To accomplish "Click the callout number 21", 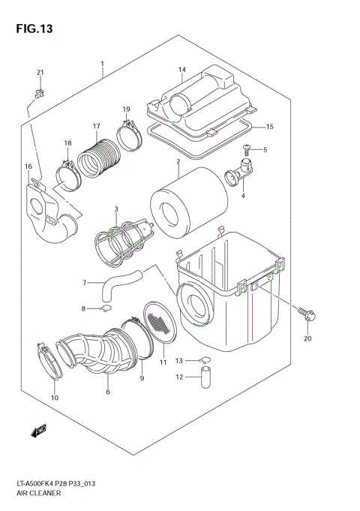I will coord(40,72).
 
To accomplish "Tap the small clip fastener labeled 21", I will coord(38,93).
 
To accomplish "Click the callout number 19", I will coord(127,110).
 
